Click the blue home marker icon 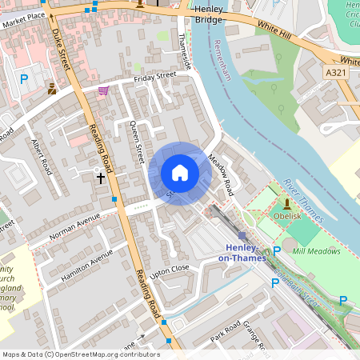click(180, 173)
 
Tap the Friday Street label click(154, 77)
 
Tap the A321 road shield click(338, 73)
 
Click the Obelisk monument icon click(286, 203)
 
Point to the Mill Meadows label click(316, 251)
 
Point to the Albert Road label click(41, 157)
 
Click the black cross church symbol click(101, 178)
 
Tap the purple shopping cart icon click(103, 90)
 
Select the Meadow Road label click(221, 176)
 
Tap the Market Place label click(23, 16)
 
